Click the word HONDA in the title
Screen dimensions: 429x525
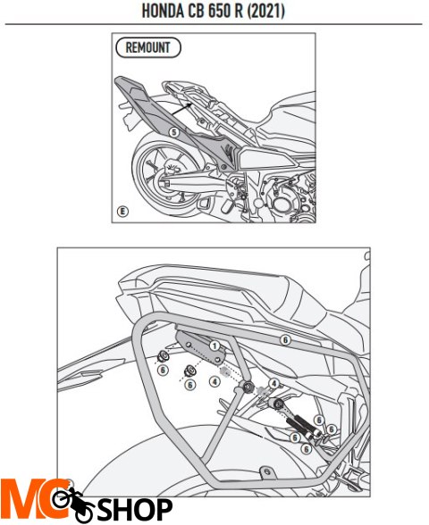coord(163,11)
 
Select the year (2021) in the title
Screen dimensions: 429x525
coord(266,11)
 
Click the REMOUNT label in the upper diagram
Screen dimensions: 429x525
coord(148,47)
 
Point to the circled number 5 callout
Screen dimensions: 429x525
coord(173,132)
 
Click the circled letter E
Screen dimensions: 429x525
coord(122,212)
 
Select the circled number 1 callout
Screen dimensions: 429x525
coord(214,346)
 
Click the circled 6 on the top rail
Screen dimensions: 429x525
coord(285,340)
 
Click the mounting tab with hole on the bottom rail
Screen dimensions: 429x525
coord(267,473)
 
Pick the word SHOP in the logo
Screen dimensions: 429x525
coord(135,510)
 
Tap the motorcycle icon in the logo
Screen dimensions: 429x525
coord(73,505)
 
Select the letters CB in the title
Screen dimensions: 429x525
coord(196,11)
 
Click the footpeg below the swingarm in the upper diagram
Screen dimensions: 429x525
coord(204,204)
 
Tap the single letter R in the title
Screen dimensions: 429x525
coord(239,11)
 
